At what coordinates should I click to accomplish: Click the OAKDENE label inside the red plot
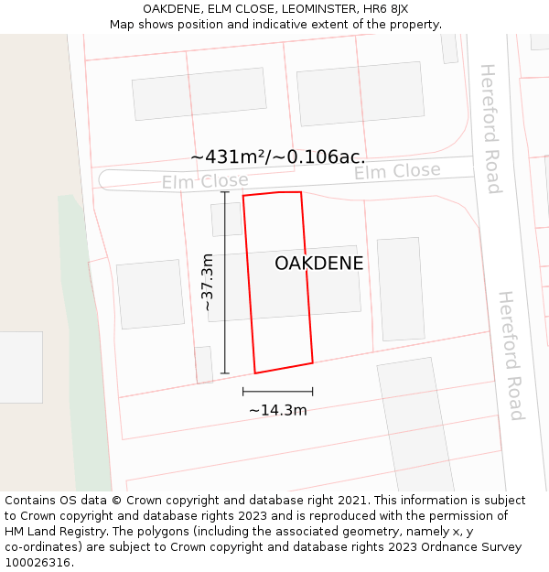pyautogui.click(x=318, y=264)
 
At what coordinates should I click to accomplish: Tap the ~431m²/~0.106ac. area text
pyautogui.click(x=278, y=157)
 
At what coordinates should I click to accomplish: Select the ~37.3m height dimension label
pyautogui.click(x=208, y=282)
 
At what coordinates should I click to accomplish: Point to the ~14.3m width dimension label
pyautogui.click(x=278, y=410)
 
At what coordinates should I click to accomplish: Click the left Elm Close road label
pyautogui.click(x=205, y=181)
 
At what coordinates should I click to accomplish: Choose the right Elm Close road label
pyautogui.click(x=397, y=171)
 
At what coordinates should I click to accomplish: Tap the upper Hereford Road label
pyautogui.click(x=490, y=128)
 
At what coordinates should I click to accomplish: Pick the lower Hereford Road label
pyautogui.click(x=510, y=355)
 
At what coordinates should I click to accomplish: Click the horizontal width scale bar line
pyautogui.click(x=278, y=392)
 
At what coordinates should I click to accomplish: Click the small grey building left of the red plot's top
pyautogui.click(x=226, y=220)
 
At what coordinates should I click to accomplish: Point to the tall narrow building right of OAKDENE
pyautogui.click(x=400, y=289)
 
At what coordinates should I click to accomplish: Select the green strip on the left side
pyautogui.click(x=83, y=348)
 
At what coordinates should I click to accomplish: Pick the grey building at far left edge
pyautogui.click(x=20, y=367)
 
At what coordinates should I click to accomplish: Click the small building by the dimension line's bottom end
pyautogui.click(x=204, y=363)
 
